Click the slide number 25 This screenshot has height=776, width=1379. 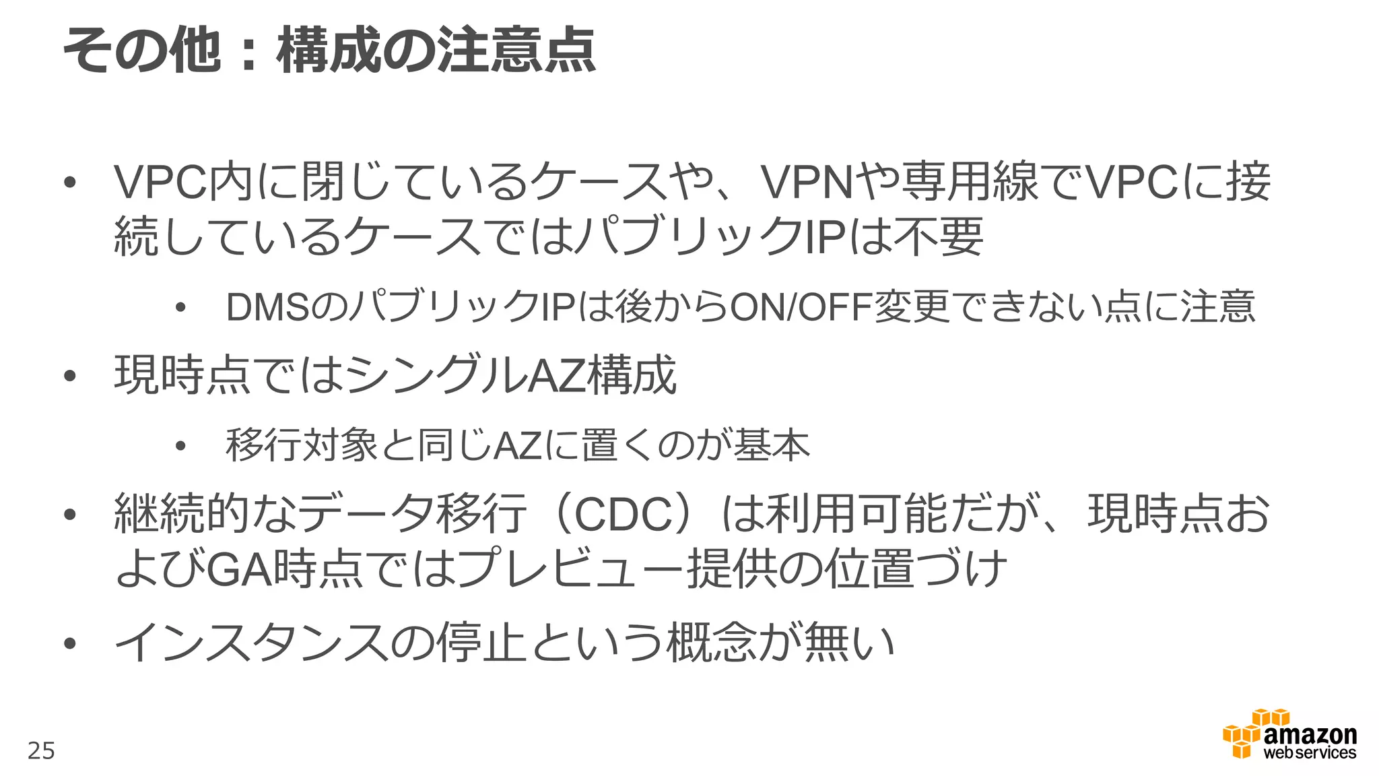[41, 750]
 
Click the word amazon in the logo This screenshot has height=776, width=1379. [1310, 736]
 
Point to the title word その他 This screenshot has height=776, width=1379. [141, 51]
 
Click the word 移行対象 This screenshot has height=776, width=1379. [302, 445]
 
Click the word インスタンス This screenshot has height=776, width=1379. [252, 642]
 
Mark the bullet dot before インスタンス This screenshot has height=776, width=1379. [69, 643]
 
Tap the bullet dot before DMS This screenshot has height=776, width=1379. [180, 309]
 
